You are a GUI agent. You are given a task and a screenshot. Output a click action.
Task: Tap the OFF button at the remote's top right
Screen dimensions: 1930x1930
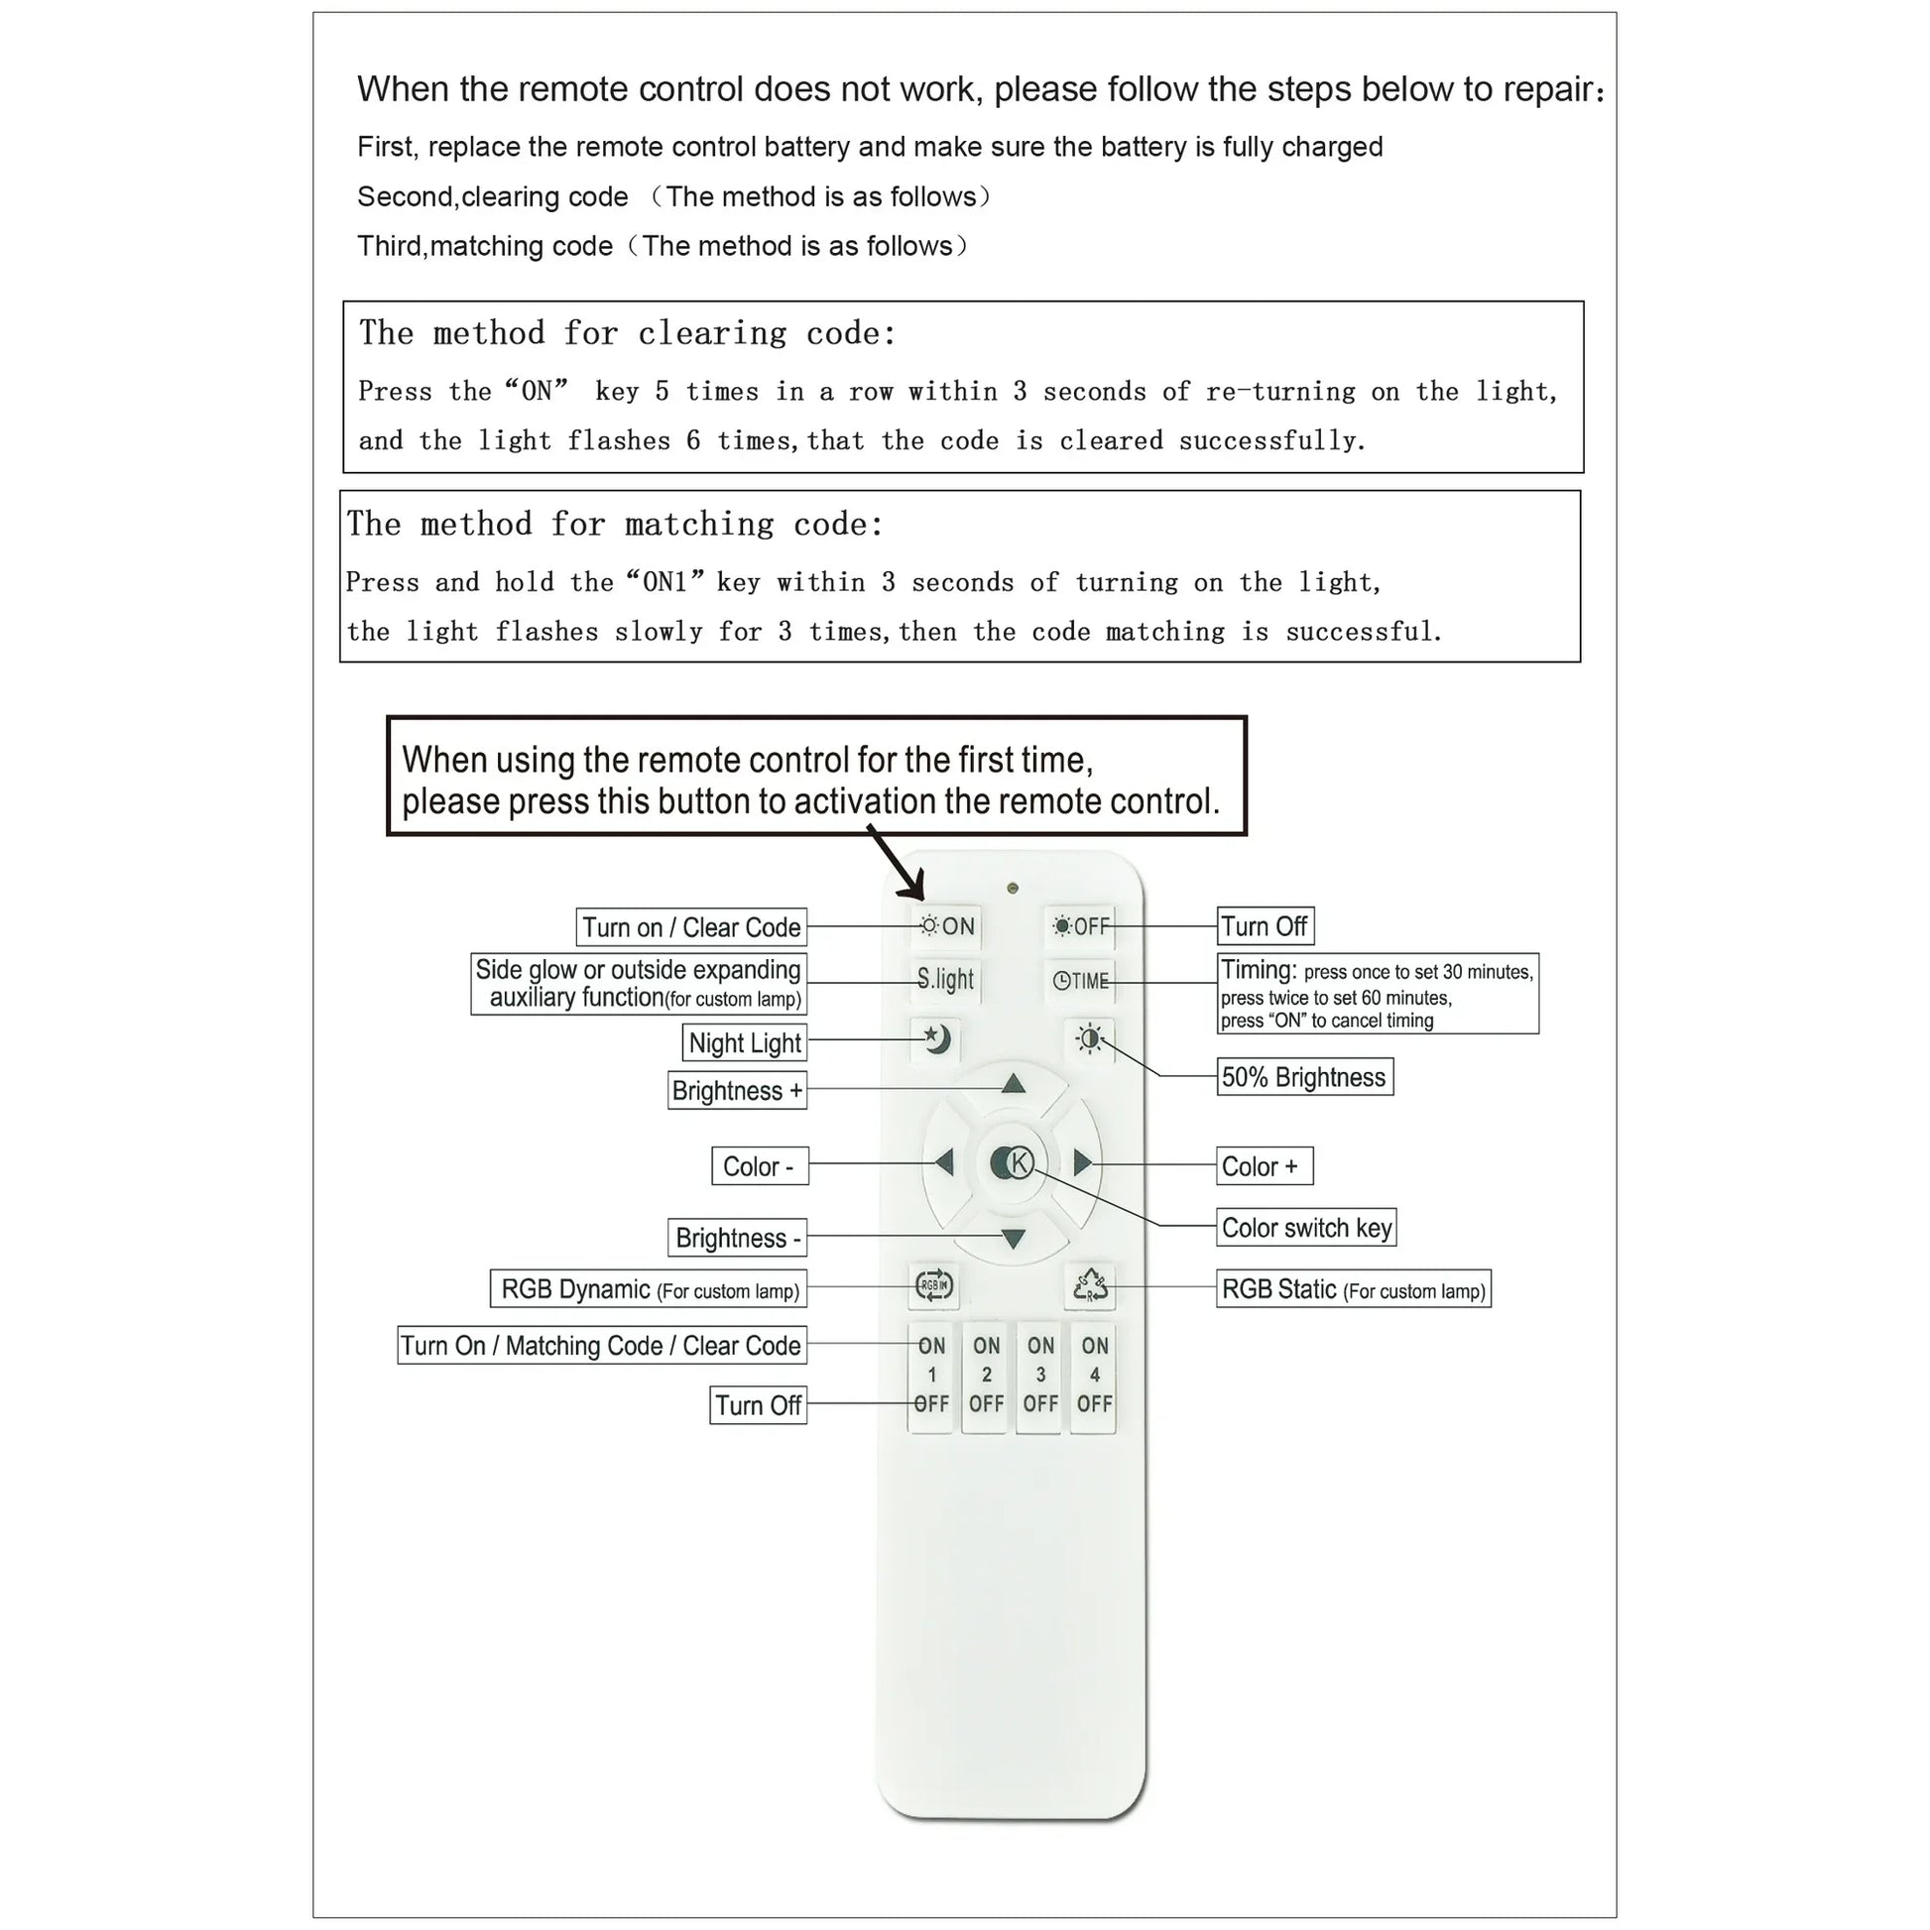point(1081,926)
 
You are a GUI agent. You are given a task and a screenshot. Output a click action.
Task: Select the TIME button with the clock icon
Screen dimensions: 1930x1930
point(1081,981)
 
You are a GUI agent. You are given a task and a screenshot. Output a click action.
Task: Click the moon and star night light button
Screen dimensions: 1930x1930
point(936,1040)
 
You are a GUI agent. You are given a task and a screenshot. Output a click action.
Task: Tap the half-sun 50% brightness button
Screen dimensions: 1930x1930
point(1090,1040)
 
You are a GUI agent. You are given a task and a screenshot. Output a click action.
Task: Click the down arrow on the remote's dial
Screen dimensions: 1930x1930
point(1013,1240)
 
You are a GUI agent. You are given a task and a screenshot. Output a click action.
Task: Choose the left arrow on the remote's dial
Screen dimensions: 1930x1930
point(944,1162)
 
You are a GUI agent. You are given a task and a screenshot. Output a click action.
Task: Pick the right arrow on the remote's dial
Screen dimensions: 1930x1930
point(1082,1162)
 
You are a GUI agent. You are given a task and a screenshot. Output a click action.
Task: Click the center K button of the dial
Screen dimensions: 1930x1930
point(1013,1162)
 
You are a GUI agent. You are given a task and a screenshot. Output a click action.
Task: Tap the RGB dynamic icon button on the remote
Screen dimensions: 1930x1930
point(935,1285)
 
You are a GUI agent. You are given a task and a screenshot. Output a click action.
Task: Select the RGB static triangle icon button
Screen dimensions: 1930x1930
point(1090,1285)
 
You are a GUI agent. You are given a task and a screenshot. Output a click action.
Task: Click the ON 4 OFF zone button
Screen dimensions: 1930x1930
point(1094,1376)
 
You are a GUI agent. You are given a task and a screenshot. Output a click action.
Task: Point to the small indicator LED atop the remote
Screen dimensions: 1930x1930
point(1013,888)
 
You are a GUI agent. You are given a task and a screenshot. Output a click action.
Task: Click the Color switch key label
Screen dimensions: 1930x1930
point(1305,1228)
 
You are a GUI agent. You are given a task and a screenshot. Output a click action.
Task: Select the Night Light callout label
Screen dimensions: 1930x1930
point(744,1043)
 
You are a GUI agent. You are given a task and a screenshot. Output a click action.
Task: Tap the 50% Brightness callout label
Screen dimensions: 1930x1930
point(1303,1077)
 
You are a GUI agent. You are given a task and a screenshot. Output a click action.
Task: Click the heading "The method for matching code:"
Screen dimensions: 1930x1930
point(615,525)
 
